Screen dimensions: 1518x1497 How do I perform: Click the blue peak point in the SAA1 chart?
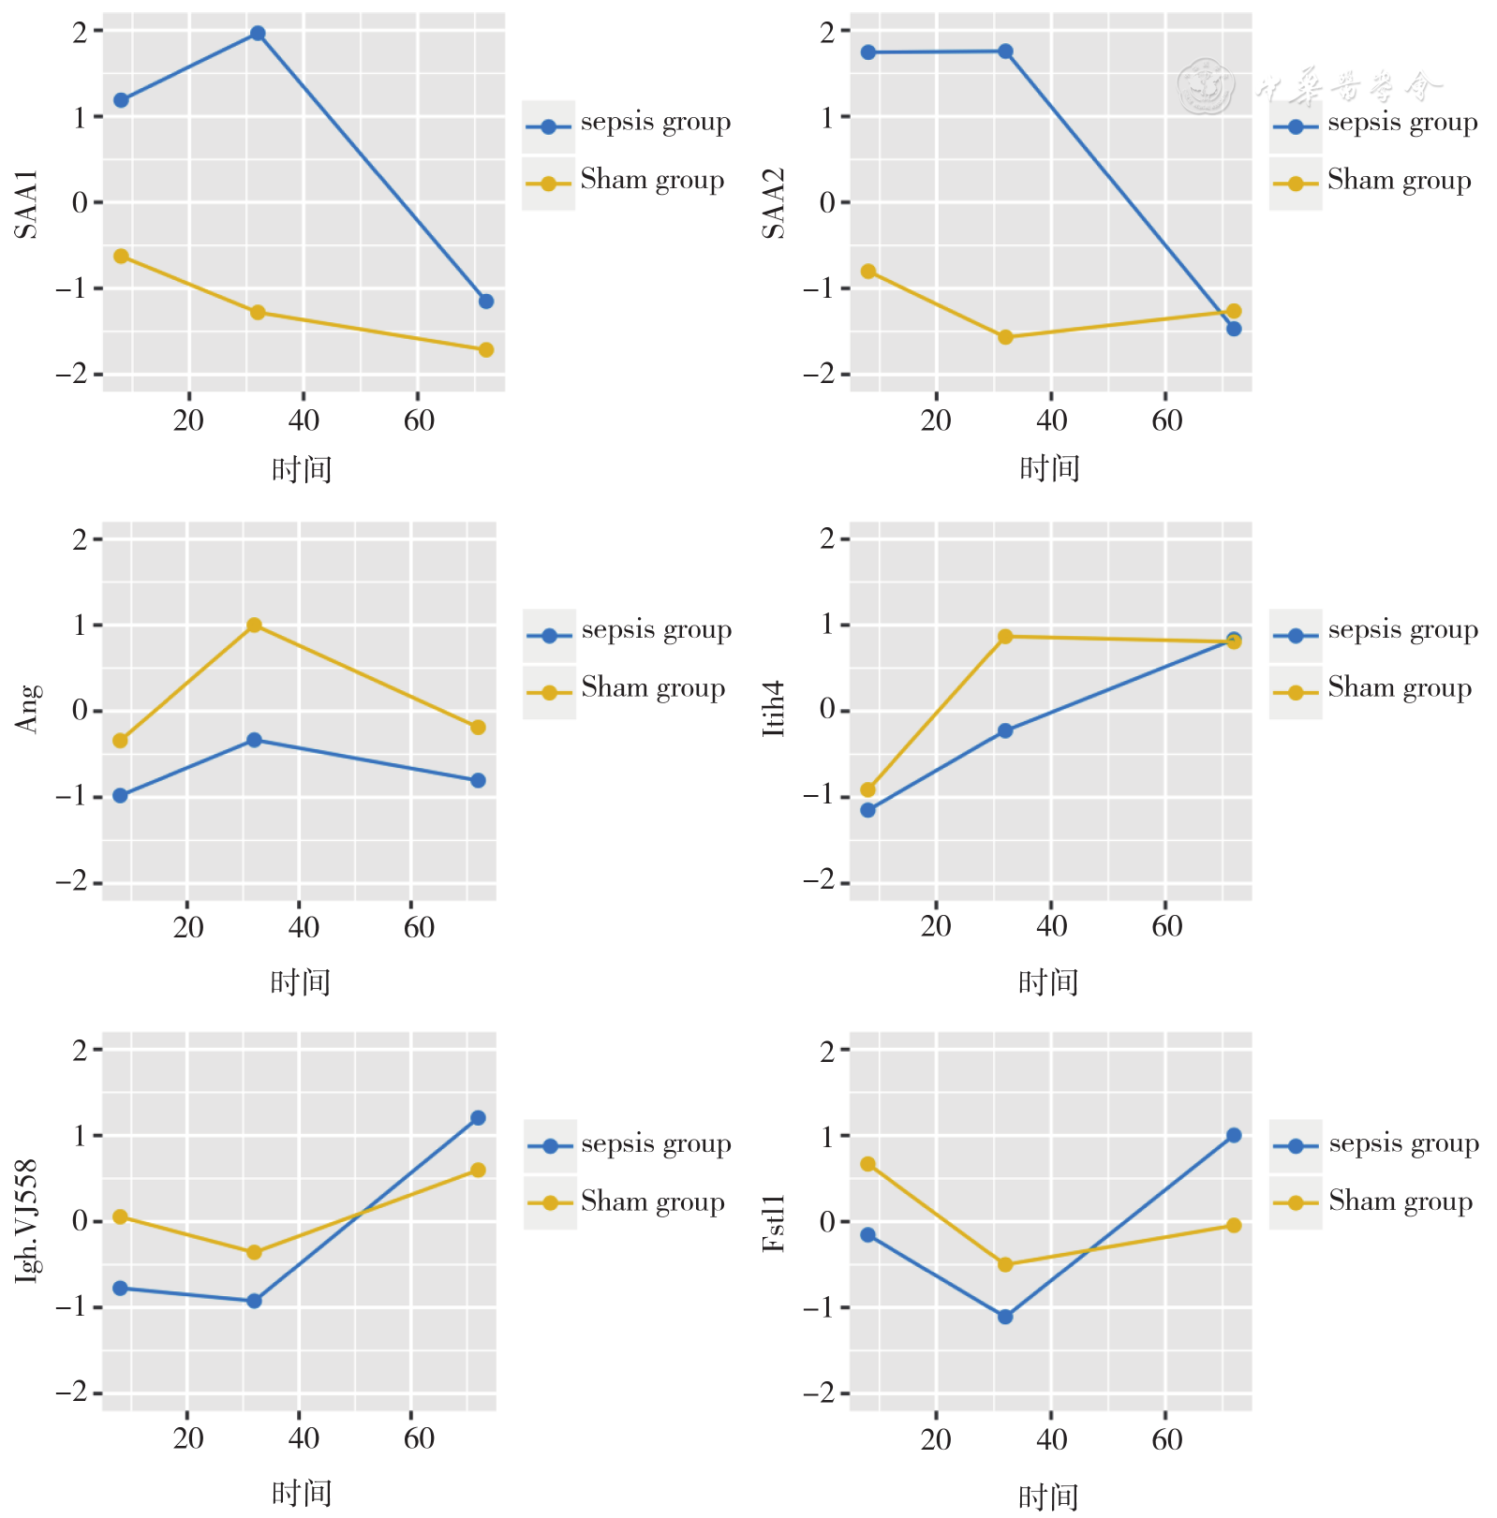point(258,34)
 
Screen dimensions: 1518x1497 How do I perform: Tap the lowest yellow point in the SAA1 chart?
point(485,349)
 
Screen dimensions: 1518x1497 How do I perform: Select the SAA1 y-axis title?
point(27,204)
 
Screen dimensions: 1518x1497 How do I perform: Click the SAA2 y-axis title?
point(774,204)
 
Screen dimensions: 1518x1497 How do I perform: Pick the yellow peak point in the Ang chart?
point(254,625)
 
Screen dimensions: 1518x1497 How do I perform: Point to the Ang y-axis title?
point(28,709)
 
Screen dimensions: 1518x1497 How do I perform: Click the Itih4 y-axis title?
point(774,709)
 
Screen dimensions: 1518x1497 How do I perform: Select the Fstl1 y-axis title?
point(774,1223)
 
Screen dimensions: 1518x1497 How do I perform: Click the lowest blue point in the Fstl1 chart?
point(1005,1317)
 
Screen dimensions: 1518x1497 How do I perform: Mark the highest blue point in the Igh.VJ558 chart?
point(478,1117)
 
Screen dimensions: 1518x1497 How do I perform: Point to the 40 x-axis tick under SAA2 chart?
point(1051,420)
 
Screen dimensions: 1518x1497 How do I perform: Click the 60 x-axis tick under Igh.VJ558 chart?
point(419,1438)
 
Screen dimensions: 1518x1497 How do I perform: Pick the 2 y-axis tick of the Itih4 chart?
point(827,538)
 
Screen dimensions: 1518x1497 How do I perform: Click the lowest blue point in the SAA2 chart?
point(1234,329)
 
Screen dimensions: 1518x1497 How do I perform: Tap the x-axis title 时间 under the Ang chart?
point(301,981)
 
